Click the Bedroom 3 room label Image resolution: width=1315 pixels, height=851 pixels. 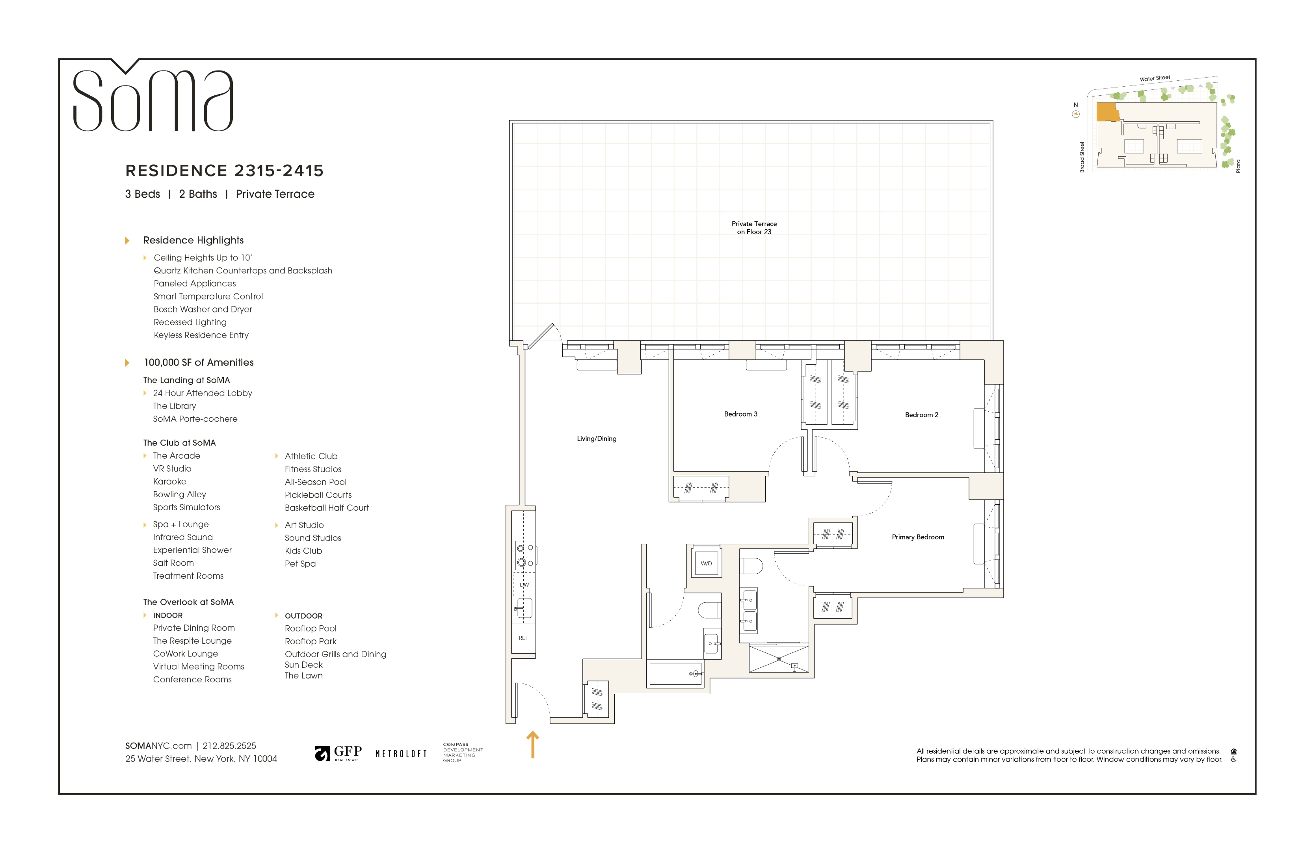(740, 414)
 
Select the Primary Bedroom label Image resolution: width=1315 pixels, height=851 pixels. (918, 537)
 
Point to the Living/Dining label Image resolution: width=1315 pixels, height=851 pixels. (597, 439)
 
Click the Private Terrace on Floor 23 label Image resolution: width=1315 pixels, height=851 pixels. (754, 227)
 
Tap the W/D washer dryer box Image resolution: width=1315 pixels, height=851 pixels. (706, 563)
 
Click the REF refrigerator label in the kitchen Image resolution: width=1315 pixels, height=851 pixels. (523, 638)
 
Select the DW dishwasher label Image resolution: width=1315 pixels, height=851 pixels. (525, 584)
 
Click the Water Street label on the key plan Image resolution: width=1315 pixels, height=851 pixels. (1155, 78)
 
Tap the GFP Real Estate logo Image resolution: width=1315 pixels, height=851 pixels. (338, 753)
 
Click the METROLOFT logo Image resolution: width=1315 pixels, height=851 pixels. (401, 754)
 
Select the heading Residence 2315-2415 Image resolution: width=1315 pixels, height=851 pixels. (224, 171)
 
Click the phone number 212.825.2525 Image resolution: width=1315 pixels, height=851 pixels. (229, 745)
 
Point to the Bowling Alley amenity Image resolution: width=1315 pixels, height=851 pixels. (180, 494)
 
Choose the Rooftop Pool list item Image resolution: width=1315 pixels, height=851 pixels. (311, 628)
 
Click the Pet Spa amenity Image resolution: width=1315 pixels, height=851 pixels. (300, 564)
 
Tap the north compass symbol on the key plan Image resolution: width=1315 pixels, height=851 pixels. (1076, 114)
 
